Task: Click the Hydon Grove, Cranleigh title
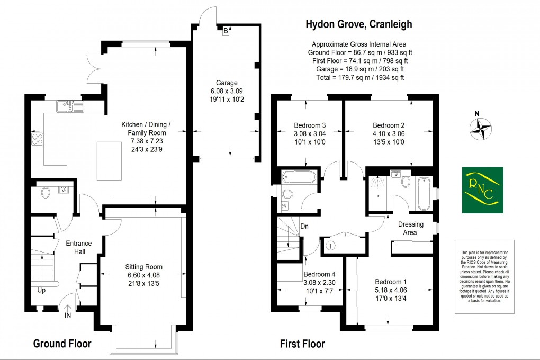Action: tap(358, 24)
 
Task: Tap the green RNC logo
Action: tap(482, 190)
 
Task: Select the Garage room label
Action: tap(226, 83)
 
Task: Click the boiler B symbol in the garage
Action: tap(226, 31)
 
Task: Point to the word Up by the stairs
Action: tap(41, 291)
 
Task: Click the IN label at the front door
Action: tap(67, 315)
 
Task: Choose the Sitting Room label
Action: tap(143, 267)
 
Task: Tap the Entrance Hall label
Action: tap(79, 247)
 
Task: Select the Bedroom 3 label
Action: tap(310, 125)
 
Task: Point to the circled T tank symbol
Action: tap(331, 245)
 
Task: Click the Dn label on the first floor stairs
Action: tap(304, 227)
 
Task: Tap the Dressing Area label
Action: tap(411, 228)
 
